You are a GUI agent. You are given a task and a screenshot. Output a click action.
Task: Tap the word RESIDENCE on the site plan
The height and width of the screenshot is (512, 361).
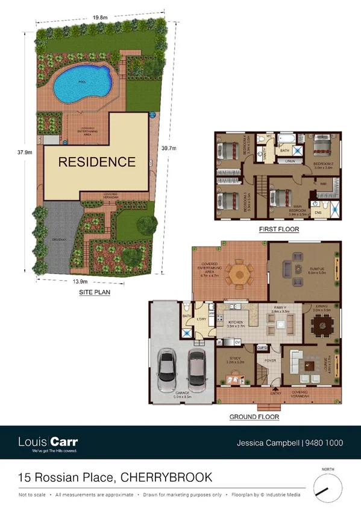coord(97,162)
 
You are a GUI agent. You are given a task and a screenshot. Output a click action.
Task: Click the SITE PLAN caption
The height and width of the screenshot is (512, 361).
coord(95,292)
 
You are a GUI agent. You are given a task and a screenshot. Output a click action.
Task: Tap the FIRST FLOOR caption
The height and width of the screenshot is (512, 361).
coord(278,229)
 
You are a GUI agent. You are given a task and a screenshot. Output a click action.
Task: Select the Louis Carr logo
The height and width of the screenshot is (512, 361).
coord(48,443)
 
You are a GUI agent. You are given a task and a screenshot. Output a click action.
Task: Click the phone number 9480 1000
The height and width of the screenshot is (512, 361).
coord(325,443)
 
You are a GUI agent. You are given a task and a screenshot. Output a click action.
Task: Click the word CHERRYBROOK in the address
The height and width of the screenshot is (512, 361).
coord(166,478)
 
